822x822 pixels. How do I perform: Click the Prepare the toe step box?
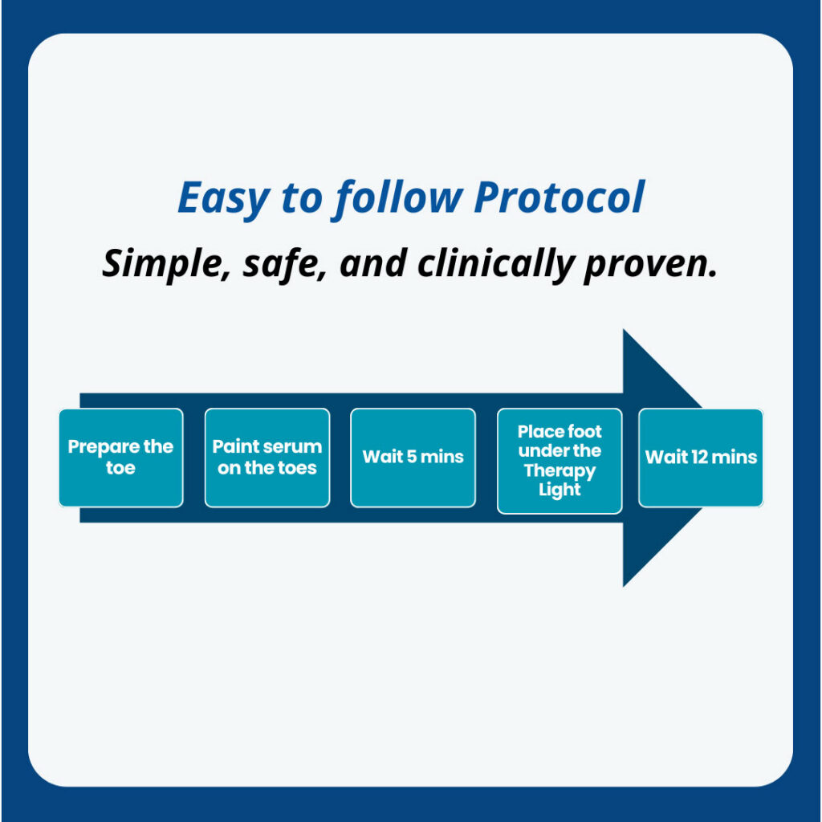pos(120,458)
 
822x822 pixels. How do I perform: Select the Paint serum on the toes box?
pos(267,458)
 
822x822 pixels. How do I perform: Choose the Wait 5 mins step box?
pos(413,458)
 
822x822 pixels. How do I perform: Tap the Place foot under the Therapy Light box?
pos(560,461)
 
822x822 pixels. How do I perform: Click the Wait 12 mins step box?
pos(701,458)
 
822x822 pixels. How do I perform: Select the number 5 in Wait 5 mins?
pos(413,458)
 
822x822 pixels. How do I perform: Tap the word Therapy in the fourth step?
pos(560,470)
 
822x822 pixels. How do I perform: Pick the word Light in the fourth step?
pos(560,490)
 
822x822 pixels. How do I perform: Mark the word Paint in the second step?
pos(231,446)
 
